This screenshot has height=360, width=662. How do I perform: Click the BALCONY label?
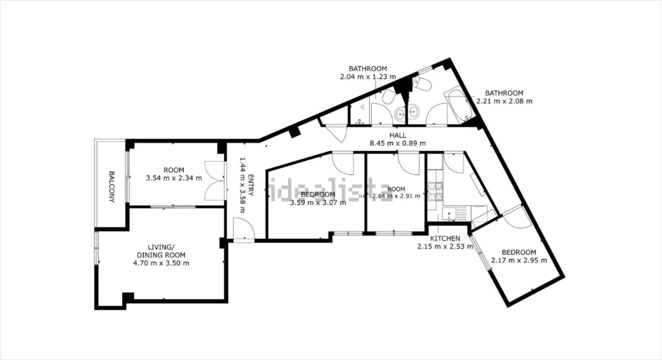(x=111, y=187)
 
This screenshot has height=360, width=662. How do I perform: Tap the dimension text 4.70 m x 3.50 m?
(x=161, y=263)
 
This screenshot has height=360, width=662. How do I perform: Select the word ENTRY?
(x=251, y=185)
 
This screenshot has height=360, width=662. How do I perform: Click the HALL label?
(x=398, y=135)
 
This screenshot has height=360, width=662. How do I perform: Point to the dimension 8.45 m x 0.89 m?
(x=398, y=143)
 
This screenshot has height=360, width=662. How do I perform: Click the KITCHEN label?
(x=445, y=238)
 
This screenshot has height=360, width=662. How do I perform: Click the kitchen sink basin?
(x=449, y=214)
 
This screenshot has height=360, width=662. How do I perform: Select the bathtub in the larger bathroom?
(x=458, y=104)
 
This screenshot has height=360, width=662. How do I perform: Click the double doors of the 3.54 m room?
(x=214, y=180)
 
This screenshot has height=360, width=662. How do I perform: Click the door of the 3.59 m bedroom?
(x=343, y=164)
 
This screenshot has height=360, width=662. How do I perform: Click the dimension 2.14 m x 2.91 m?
(x=396, y=196)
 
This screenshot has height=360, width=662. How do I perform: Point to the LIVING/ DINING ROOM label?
(x=161, y=251)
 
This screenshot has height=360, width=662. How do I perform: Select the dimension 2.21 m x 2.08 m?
(x=504, y=101)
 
